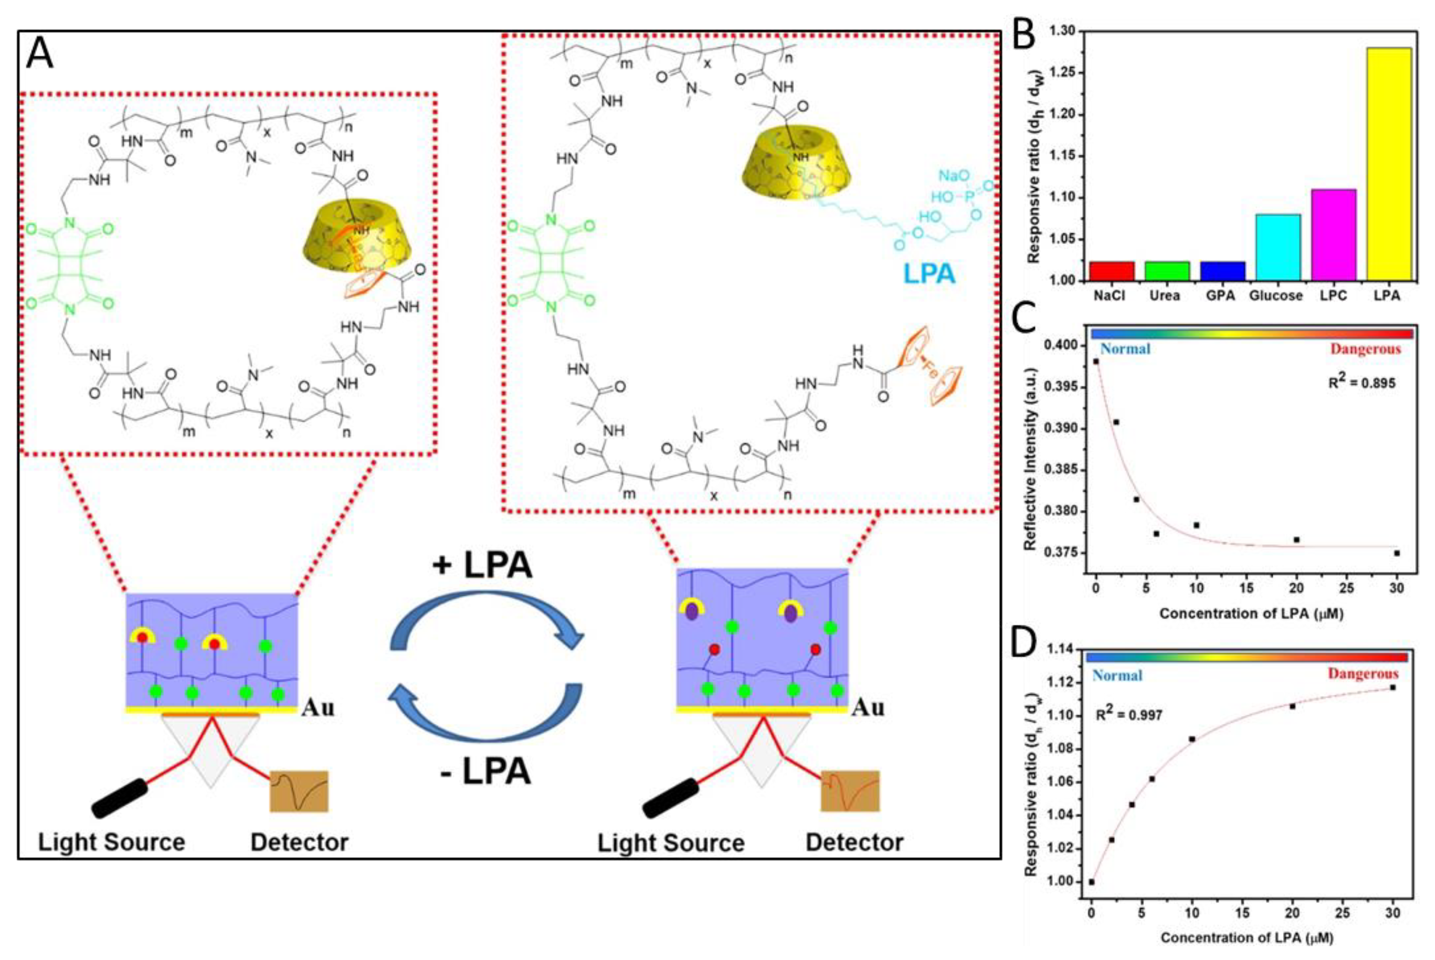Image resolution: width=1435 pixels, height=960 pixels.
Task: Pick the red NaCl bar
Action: tap(1112, 271)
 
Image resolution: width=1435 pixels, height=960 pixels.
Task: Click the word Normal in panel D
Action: tap(1117, 675)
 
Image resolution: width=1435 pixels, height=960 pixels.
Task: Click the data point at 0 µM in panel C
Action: tap(1096, 361)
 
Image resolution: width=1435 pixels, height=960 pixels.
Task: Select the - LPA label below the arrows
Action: tap(485, 772)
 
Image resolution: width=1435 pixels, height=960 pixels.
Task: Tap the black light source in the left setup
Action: tap(120, 798)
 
